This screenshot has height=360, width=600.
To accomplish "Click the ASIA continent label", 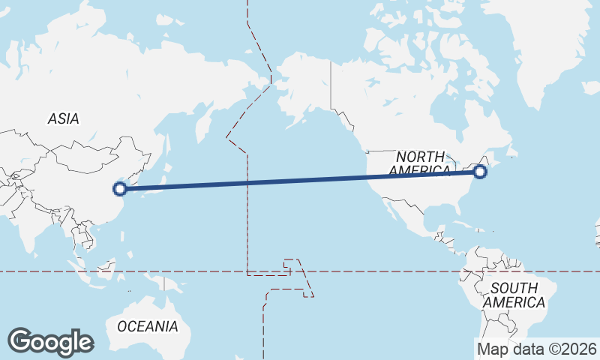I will tap(63, 118).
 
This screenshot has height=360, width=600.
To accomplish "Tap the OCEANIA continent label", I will tap(148, 326).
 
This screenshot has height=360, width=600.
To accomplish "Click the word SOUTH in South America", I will tap(514, 288).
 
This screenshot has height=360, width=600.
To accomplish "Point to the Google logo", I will tap(50, 342).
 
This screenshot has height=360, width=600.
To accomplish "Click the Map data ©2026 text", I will tap(537, 349).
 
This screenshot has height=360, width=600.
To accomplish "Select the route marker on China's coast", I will tap(119, 189).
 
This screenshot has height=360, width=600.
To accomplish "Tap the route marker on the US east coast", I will tap(481, 172).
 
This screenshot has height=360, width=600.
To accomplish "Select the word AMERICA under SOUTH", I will tap(514, 302).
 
